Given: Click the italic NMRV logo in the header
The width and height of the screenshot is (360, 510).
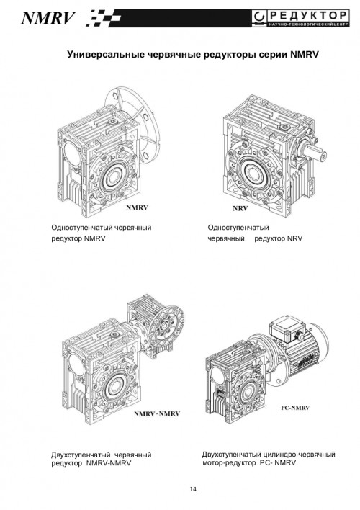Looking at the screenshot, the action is coord(48,18).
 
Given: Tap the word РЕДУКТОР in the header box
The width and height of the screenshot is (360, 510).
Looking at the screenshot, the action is coord(308,15).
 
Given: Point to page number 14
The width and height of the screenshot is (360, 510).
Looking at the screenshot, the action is coord(193,489).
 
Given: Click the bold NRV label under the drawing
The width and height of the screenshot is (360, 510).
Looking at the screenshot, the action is coord(240,208).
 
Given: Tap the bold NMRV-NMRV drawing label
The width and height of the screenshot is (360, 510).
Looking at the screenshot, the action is coord(157,413).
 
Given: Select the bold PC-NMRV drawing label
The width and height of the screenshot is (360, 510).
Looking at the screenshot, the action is coord(295,408).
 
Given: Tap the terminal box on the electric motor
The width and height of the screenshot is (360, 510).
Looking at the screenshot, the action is coord(287,331).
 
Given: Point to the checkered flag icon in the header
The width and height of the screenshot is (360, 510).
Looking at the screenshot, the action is coord(104,18).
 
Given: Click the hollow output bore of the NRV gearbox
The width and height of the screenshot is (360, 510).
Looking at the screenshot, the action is coord(252,172).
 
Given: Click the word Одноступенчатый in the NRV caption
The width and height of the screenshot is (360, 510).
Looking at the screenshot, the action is coord(238,228).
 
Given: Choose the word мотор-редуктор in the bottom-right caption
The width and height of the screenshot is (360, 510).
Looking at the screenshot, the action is coord(229,462).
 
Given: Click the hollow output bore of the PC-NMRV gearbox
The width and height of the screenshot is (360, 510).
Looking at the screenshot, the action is coord(248,393).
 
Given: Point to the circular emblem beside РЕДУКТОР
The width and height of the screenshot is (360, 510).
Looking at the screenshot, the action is coord(260,18).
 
